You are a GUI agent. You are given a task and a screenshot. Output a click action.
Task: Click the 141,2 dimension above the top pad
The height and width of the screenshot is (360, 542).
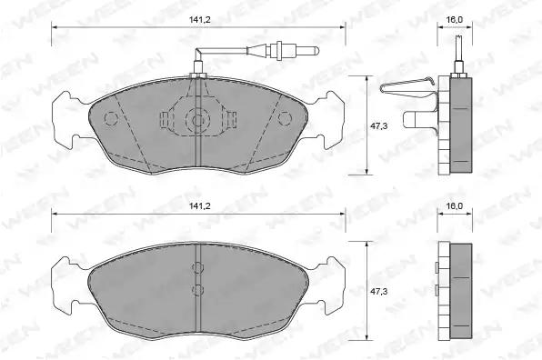[199, 20]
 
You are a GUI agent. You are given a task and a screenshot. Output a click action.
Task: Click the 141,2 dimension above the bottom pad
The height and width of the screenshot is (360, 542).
[199, 206]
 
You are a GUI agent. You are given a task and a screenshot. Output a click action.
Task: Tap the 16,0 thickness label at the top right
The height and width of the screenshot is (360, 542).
[454, 20]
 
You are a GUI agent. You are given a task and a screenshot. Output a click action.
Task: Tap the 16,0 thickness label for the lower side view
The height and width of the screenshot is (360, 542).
[454, 206]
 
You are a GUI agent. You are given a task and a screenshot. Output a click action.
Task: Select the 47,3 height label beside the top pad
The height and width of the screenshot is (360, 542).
[379, 126]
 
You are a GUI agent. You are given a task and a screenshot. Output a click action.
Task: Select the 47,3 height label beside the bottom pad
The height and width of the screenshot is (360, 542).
[379, 292]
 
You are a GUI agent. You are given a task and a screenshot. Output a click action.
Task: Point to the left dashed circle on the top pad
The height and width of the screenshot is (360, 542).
[111, 118]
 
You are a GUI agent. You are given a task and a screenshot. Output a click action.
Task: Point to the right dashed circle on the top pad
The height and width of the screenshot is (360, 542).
[286, 118]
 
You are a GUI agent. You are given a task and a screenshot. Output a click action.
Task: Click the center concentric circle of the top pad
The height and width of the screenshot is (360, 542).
[197, 121]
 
